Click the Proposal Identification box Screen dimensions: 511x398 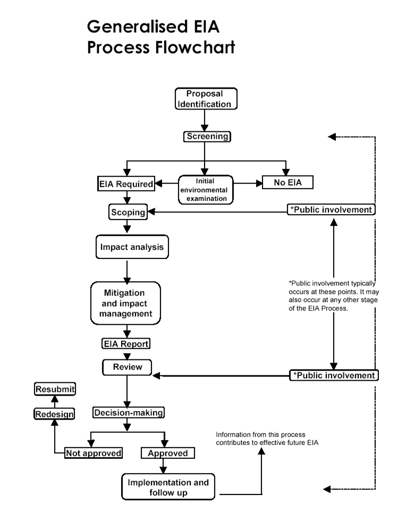point(205,99)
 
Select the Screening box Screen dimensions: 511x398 point(207,137)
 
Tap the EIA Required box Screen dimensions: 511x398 point(126,185)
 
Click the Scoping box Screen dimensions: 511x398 point(128,212)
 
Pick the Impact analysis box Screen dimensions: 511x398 point(132,247)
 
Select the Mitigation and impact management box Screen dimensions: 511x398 point(125,303)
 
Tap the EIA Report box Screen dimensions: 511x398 point(126,344)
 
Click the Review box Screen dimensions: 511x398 point(127,367)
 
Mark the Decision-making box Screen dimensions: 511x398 point(128,412)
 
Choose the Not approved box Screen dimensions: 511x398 point(94,453)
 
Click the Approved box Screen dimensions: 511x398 point(167,453)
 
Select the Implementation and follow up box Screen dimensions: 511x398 point(168,487)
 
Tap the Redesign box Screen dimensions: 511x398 point(54,414)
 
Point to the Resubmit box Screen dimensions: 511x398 point(55,389)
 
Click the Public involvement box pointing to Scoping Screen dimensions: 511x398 point(331,210)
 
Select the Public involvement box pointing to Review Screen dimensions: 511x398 point(334,375)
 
